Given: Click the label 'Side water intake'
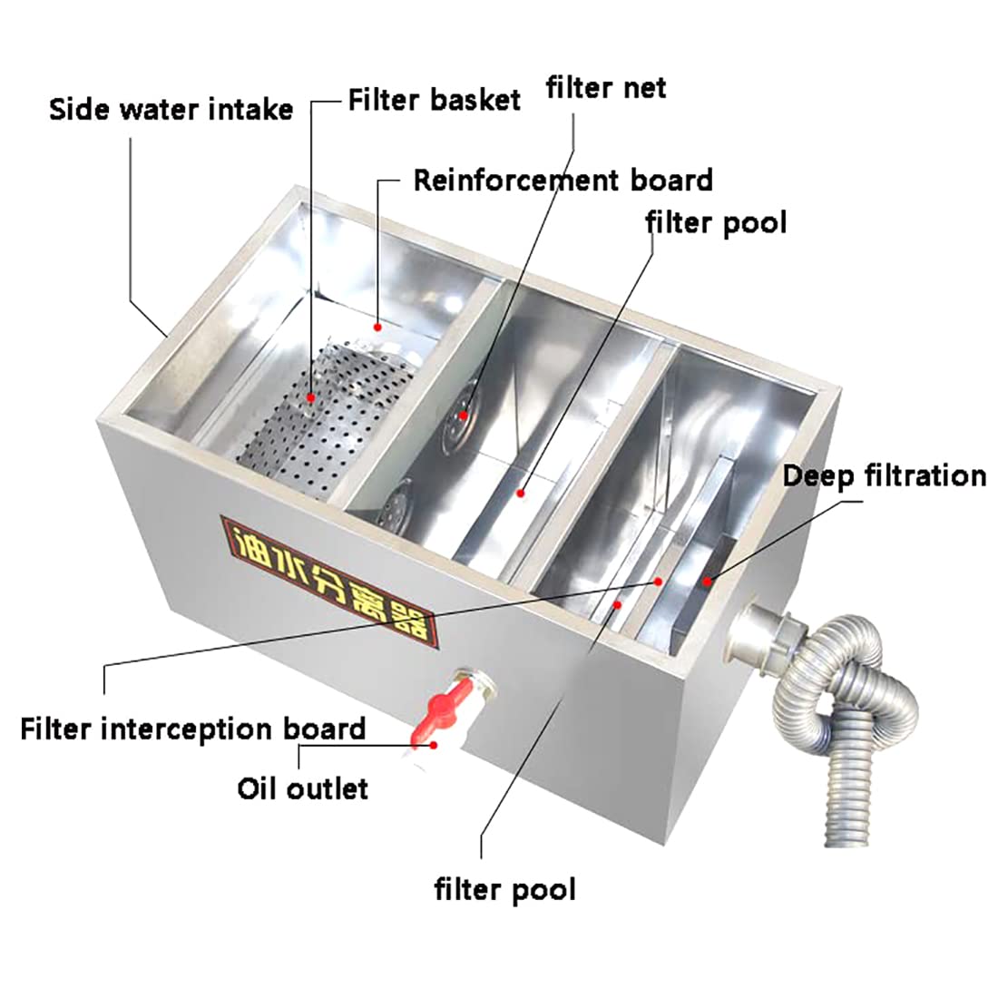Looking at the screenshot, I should tap(171, 110).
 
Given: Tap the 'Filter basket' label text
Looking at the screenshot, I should tap(435, 99).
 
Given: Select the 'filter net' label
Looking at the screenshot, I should tap(605, 88).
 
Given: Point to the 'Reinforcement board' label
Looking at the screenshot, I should tap(563, 180).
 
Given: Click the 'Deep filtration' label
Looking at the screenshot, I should tap(884, 475).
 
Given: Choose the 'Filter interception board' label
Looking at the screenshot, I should tap(192, 728).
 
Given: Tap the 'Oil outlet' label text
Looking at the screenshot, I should tap(303, 788).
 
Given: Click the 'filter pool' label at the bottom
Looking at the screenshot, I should tap(504, 888).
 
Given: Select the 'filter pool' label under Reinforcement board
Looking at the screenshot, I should tap(716, 221).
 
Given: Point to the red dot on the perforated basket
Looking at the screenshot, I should tap(310, 397).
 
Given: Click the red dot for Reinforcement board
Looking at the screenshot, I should tap(377, 324).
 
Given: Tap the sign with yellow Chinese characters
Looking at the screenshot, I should tap(328, 582).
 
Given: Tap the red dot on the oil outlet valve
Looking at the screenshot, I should tap(434, 744).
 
